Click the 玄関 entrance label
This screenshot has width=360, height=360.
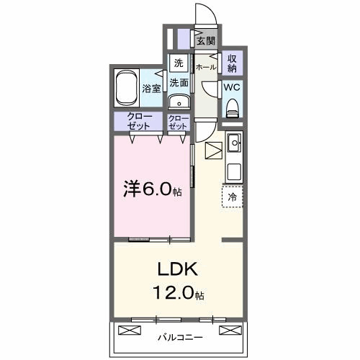[x=206, y=41]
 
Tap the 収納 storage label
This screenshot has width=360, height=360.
[x=233, y=63]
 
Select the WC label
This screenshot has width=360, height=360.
[x=232, y=86]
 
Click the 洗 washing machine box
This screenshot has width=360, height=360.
[x=178, y=63]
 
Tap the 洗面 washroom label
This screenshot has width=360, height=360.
[x=179, y=82]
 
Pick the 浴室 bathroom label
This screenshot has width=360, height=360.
[x=151, y=90]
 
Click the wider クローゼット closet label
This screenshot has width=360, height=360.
[x=139, y=121]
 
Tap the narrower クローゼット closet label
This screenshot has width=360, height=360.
[x=179, y=121]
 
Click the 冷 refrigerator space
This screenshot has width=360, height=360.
[x=233, y=195]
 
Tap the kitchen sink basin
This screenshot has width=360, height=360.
[x=233, y=146]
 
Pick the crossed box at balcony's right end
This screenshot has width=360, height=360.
[x=228, y=330]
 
